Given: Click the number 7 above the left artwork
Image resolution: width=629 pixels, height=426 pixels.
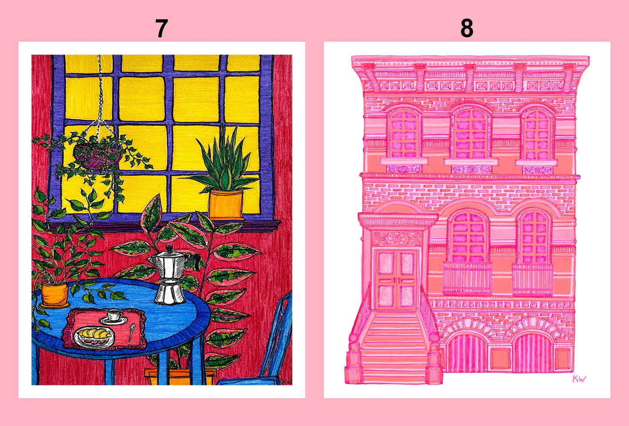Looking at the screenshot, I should coord(161,29).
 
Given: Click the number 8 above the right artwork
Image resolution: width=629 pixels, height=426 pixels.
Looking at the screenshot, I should coord(467,29).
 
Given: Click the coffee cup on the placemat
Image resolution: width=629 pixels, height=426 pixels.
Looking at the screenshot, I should coord(114,315).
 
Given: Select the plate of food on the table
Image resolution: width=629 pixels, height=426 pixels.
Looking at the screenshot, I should coord(94,337).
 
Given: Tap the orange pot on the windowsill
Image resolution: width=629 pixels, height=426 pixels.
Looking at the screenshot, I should coord(225,203).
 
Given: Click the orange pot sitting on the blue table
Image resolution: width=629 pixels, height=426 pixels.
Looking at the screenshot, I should coord(55,293).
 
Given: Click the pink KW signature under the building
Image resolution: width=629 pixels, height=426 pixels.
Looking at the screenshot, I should coord(579,379).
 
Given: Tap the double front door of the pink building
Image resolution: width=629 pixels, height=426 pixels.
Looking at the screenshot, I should coord(396,279).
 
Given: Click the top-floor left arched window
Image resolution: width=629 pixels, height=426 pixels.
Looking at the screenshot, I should coord(404,132).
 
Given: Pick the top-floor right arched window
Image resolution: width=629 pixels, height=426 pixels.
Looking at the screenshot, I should coord(537,133).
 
